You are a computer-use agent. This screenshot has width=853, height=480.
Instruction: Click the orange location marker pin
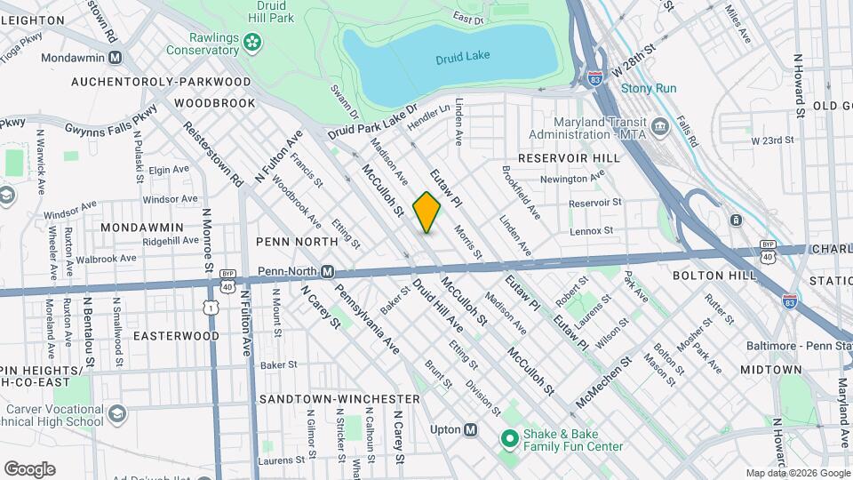pos(426,212)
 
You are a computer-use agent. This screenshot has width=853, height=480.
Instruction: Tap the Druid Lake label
pos(457,60)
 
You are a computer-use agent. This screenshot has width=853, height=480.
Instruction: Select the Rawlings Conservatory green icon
pos(253,41)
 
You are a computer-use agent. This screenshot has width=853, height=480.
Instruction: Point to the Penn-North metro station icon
pos(327,271)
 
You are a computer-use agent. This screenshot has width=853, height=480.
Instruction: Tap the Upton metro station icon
pos(470,429)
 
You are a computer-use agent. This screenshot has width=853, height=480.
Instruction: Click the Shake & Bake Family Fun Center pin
pos(509,438)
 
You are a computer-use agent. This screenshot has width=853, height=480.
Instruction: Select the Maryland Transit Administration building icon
pos(660,127)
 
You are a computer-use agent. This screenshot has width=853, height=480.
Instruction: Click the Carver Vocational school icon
pos(117,414)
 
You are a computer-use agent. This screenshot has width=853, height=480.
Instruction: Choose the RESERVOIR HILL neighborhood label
pos(568,157)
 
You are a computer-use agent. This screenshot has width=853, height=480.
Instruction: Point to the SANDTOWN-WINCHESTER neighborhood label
pos(339,399)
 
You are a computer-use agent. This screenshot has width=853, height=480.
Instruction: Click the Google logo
pos(29,468)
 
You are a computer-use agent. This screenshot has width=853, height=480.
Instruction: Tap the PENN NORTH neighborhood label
pos(297,241)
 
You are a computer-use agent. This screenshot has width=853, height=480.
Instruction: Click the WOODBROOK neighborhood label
pos(215,103)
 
